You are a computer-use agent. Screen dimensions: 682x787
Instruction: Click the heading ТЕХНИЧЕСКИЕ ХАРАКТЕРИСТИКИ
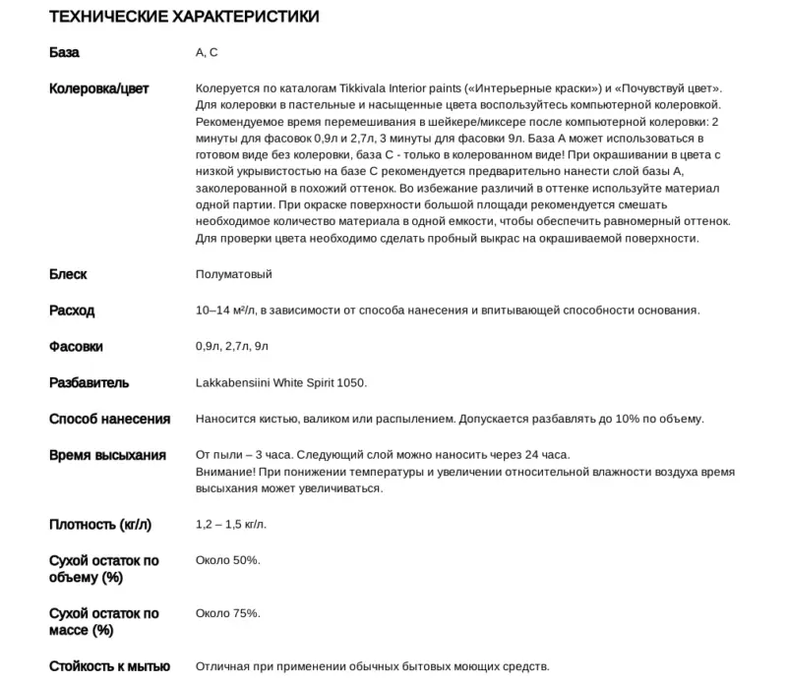(184, 18)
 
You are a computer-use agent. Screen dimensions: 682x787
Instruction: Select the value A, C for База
(207, 52)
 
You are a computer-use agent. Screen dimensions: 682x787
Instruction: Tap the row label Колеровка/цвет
(98, 88)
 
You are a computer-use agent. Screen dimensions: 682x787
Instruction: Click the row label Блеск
(68, 274)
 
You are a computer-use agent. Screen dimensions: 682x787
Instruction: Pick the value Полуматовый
(233, 274)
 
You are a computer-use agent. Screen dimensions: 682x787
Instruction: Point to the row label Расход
(72, 311)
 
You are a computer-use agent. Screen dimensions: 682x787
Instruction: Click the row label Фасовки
(76, 347)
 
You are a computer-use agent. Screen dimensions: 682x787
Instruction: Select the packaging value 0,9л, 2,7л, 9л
(232, 347)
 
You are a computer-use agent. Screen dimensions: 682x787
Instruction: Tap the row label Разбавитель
(89, 382)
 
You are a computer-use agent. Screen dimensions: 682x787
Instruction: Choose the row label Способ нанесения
(109, 419)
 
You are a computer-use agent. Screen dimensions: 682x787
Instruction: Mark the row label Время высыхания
(107, 455)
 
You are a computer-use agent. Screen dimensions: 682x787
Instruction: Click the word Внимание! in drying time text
(225, 473)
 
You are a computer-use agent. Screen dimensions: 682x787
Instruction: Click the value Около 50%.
(227, 560)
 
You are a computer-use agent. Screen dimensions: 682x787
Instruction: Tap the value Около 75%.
(227, 613)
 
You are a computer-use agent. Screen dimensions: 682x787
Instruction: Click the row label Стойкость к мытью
(109, 666)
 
